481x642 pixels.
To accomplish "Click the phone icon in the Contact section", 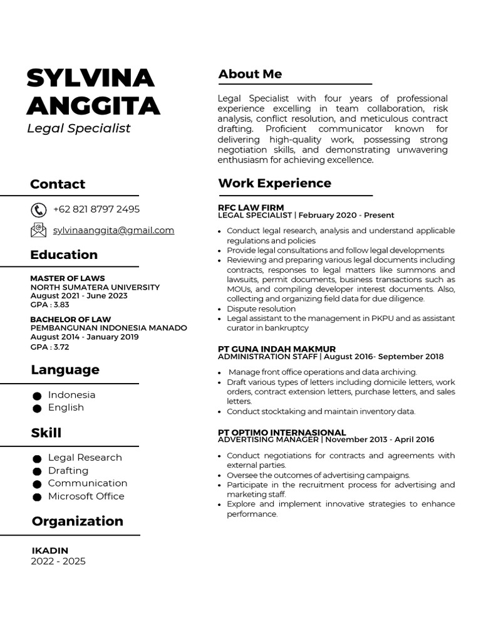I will [x=38, y=210].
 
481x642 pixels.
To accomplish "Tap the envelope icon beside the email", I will [x=38, y=230].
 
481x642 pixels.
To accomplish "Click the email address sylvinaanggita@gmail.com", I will [x=113, y=230].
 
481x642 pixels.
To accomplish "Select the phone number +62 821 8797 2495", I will [x=96, y=209].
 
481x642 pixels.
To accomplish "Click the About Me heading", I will [x=250, y=74].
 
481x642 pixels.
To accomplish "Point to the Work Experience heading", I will [x=274, y=183].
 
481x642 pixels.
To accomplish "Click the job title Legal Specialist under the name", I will [x=78, y=128].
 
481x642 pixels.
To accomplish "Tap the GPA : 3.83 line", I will [x=50, y=305].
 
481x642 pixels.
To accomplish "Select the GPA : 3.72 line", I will [x=50, y=347].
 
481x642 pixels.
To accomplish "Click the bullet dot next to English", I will [x=37, y=408].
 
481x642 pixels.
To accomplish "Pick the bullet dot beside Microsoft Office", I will [x=37, y=497].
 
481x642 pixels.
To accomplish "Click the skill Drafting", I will [x=68, y=470].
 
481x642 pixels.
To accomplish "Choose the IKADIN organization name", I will [x=50, y=550].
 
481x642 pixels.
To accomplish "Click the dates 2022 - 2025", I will [x=58, y=561].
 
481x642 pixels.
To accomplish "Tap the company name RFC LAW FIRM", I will [x=251, y=207].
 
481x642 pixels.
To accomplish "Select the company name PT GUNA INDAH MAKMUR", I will [x=276, y=349].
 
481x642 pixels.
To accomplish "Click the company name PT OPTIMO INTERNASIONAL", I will [x=281, y=432].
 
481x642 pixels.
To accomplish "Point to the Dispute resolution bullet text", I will [x=261, y=308].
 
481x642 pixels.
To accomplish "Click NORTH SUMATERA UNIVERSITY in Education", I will [x=95, y=287].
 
